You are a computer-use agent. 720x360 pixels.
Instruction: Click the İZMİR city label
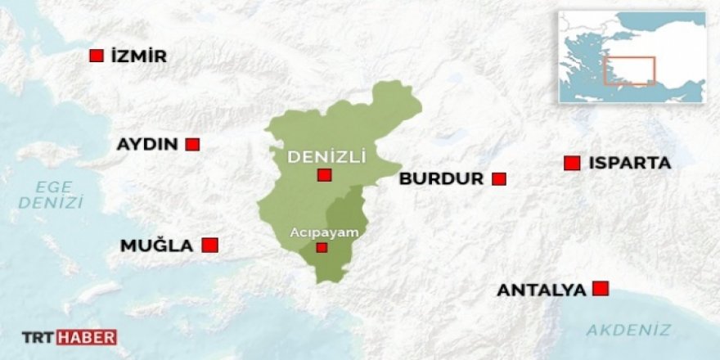pos(137,56)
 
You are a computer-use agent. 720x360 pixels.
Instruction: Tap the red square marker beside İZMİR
pos(96,56)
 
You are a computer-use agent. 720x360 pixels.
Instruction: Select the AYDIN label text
pos(147,144)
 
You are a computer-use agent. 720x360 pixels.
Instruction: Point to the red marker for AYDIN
pos(192,144)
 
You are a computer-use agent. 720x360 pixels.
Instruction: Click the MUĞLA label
pos(156,245)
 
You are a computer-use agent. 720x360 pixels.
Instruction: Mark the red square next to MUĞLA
pos(209,245)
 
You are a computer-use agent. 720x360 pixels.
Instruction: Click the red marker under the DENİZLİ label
pos(325,175)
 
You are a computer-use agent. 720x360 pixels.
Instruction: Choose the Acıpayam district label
pos(325,232)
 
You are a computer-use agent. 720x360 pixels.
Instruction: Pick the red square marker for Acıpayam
pos(322,247)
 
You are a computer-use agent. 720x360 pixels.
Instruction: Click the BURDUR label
pos(441,178)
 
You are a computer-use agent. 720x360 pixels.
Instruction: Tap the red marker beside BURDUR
pos(498,178)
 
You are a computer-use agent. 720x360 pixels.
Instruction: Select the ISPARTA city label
pos(629,163)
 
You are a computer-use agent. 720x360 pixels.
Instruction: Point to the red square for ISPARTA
pos(572,163)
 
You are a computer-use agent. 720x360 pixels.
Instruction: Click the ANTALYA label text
pos(542,290)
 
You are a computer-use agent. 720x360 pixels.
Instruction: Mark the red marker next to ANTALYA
pos(601,288)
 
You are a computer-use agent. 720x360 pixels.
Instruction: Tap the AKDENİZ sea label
pos(628,331)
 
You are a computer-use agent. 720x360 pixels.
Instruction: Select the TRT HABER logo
pos(69,336)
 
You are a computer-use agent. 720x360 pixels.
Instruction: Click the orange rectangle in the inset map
pos(629,71)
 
